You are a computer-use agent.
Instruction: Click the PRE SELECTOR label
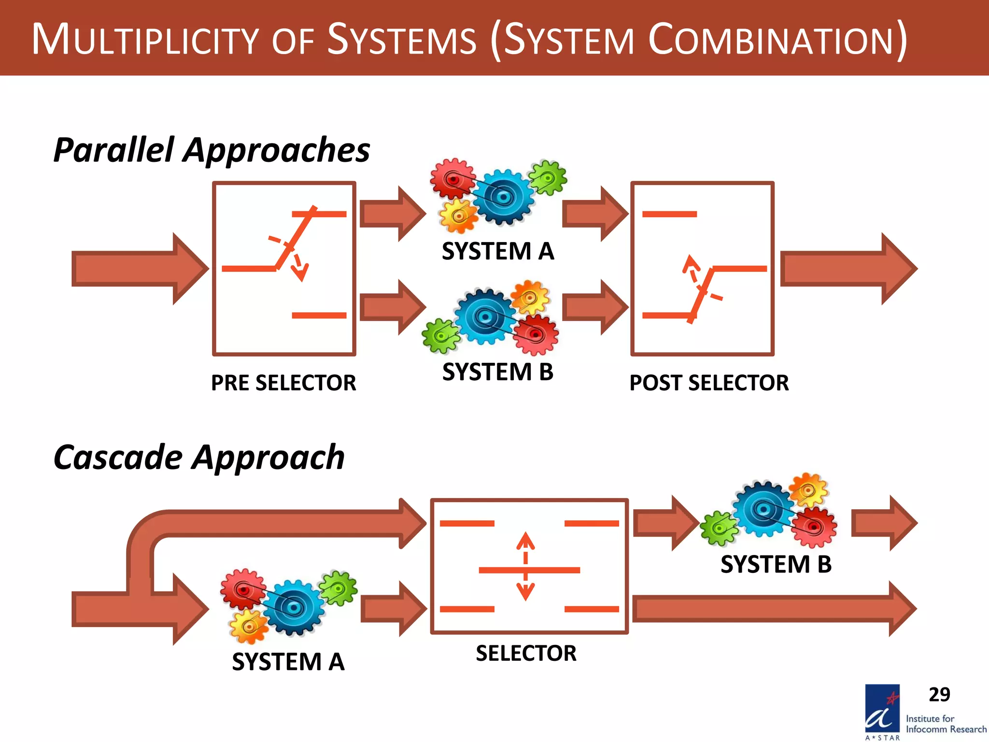click(283, 383)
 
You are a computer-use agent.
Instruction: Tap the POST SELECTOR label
click(708, 383)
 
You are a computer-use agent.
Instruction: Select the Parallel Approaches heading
click(212, 150)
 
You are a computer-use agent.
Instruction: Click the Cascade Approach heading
click(199, 457)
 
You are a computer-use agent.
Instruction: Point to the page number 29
click(939, 695)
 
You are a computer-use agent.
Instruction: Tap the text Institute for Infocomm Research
click(945, 724)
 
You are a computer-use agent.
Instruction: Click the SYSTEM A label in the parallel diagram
click(498, 251)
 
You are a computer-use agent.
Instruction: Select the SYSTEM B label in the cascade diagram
click(776, 564)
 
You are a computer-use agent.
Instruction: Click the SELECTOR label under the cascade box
click(526, 653)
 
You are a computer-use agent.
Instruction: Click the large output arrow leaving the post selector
click(848, 269)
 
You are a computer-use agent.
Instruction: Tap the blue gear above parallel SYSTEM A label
click(503, 197)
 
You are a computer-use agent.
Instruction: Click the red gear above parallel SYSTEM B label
click(535, 334)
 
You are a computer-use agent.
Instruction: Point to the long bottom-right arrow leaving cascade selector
click(773, 609)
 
